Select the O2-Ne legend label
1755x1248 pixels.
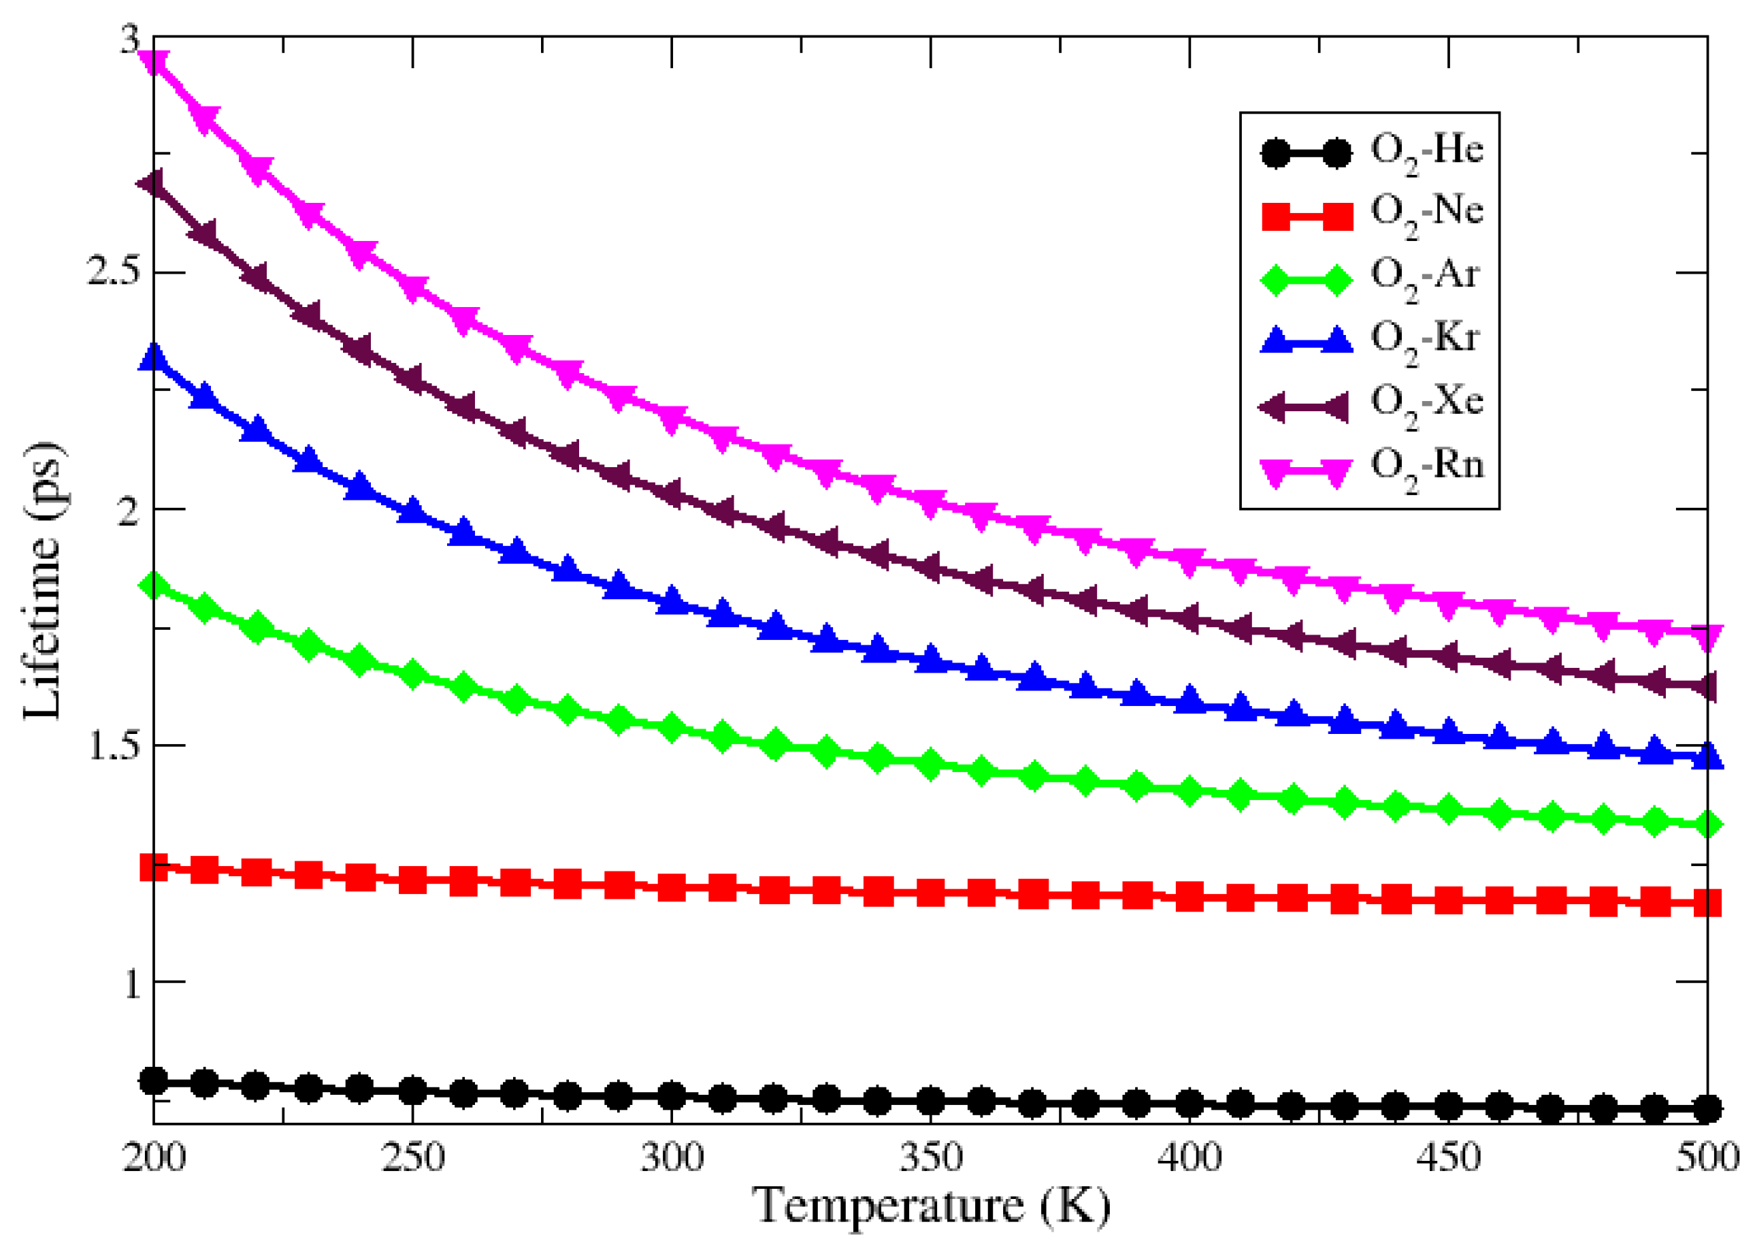pos(1426,214)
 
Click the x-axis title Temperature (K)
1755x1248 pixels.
pos(930,1206)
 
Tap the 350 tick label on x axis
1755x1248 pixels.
pos(930,1158)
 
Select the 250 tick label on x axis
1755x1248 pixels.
pos(412,1158)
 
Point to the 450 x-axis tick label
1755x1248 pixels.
pos(1448,1158)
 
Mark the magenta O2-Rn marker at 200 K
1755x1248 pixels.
pos(154,61)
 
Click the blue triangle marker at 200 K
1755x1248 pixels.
pos(154,357)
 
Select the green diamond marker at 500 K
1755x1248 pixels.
pos(1707,825)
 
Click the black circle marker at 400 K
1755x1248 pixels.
pos(1189,1104)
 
